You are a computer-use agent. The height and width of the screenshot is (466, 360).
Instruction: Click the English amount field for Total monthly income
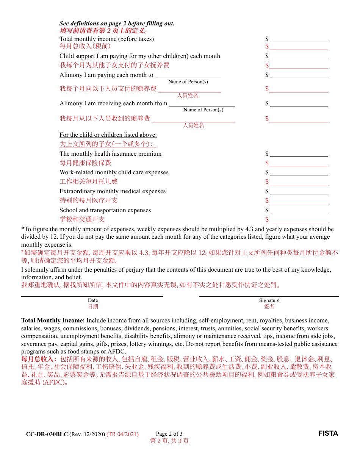(x=299, y=39)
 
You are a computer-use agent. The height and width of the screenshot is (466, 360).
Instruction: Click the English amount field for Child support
(x=299, y=56)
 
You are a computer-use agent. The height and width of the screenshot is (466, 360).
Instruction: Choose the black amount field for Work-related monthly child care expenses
(x=299, y=172)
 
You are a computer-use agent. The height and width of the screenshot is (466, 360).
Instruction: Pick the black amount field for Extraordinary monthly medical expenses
(x=299, y=191)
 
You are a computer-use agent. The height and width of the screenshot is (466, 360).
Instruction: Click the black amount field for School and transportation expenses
(x=299, y=210)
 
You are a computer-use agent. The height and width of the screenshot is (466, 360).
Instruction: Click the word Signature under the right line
(x=269, y=300)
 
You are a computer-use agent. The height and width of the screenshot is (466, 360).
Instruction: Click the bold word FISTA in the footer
(x=328, y=433)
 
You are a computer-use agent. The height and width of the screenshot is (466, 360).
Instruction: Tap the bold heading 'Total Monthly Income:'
(x=53, y=321)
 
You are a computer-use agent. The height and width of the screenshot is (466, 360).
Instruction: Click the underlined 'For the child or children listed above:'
(x=108, y=135)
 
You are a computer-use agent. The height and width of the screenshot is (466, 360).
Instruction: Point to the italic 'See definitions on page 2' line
(x=117, y=23)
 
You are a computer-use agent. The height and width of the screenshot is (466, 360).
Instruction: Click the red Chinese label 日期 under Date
(x=93, y=306)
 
